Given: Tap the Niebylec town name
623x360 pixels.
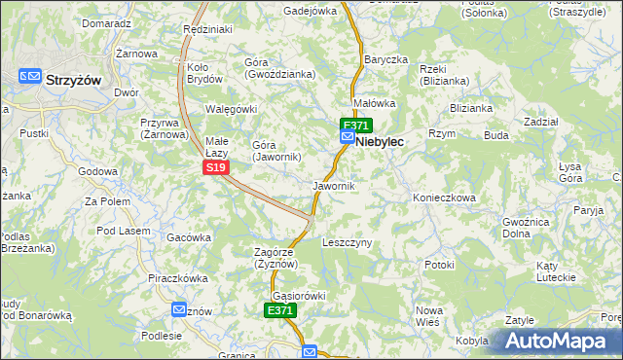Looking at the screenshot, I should point(380,141).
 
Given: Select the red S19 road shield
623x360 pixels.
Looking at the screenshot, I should point(217,168).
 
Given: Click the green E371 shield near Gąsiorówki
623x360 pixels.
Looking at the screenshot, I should point(279,310).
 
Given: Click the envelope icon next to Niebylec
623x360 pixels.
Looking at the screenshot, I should point(348,139).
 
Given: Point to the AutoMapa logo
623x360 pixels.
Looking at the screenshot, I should point(555,341).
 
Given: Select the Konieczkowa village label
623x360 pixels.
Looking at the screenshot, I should point(443,197).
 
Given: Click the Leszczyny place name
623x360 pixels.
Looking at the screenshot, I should point(347,242).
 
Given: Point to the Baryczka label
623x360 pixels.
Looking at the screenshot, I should point(385,59).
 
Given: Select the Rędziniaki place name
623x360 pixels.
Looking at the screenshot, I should point(207,30).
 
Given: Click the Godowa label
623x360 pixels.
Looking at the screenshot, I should point(97,171).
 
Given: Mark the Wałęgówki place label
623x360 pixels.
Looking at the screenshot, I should point(230,108).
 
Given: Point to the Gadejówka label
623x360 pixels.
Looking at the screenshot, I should point(310,11).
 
